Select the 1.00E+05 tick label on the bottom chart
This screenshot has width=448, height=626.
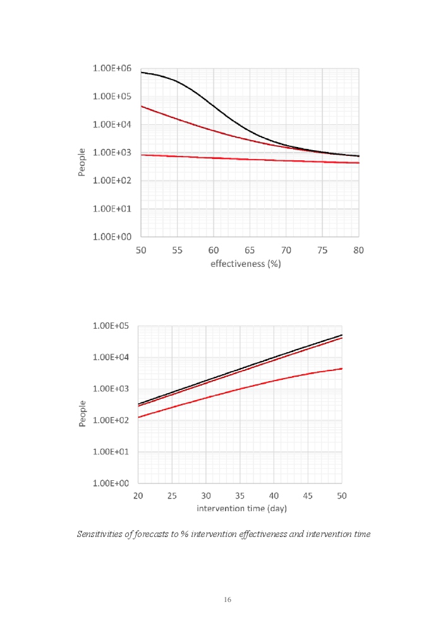click(111, 326)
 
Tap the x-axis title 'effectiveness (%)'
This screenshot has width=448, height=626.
click(245, 263)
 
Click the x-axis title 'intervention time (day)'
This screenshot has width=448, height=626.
click(241, 508)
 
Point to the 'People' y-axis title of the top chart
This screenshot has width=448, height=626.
click(82, 162)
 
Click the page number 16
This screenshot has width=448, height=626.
click(227, 599)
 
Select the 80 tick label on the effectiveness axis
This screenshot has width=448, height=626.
click(358, 250)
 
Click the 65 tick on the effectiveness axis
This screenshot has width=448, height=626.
click(250, 250)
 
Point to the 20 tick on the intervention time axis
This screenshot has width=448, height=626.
click(138, 496)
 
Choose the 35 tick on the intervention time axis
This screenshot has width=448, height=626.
click(240, 496)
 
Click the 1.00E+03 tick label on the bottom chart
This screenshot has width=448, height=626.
click(111, 389)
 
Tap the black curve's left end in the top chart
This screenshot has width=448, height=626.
click(142, 73)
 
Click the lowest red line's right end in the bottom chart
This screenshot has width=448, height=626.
click(342, 369)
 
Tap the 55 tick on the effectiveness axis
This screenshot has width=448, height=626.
click(177, 250)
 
